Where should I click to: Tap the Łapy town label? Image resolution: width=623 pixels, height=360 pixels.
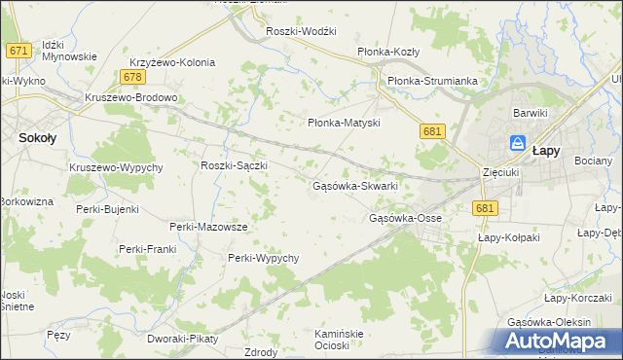[x=544, y=151]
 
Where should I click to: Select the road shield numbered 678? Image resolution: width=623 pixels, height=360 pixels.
[x=134, y=77]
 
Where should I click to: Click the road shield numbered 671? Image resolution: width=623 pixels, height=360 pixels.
[x=16, y=50]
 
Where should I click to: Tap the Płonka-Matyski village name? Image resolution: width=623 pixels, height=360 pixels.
[x=343, y=123]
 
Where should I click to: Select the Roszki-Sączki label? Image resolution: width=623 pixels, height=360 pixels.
[x=234, y=165]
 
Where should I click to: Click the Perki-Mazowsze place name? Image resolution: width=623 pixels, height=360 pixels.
[x=208, y=226]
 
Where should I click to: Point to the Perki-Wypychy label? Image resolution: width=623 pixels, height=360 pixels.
[x=263, y=258]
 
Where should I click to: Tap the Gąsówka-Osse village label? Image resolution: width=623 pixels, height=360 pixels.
[x=405, y=218]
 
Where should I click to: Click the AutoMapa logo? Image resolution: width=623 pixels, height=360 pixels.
[x=556, y=341]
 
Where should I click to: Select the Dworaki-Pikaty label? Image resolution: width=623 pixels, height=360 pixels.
[x=183, y=339]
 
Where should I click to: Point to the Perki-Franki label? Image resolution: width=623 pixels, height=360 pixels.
[x=146, y=249]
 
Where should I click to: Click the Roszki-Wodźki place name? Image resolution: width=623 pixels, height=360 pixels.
[x=302, y=31]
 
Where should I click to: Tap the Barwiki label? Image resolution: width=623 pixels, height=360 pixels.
[x=531, y=113]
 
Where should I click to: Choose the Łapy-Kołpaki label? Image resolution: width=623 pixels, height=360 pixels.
[x=508, y=236]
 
